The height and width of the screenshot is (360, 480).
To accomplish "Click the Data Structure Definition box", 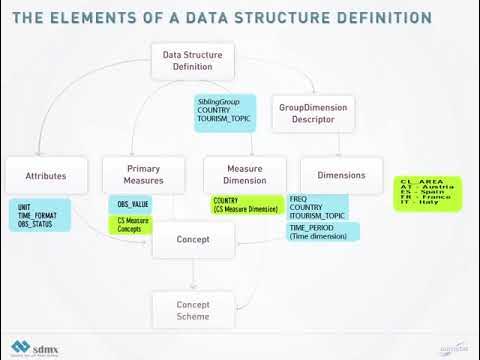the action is click(193, 61).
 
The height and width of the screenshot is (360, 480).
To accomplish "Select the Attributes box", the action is click(46, 176).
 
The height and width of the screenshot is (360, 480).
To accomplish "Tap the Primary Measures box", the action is click(145, 175).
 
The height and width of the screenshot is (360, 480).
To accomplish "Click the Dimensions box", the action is click(341, 175).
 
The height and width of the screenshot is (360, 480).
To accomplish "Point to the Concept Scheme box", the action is click(193, 310).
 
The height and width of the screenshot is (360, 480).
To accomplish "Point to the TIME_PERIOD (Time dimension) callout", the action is click(322, 232).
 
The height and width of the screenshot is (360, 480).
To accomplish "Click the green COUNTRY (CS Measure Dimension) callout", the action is click(246, 204).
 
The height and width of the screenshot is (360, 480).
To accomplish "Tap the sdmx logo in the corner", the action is click(36, 347).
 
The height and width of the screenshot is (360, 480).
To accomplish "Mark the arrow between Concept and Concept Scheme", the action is click(193, 275).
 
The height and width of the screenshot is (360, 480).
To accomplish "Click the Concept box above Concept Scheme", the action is click(193, 240).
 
